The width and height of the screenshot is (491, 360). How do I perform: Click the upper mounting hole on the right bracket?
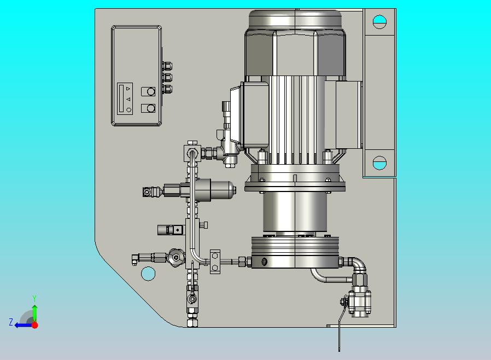click(x=379, y=22)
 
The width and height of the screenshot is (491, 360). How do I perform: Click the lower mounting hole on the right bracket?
click(x=379, y=163)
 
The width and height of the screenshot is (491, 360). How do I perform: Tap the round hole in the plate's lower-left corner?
click(x=148, y=274)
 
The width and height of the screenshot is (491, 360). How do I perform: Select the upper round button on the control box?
click(x=150, y=91)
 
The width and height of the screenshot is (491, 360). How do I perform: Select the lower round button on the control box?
click(x=150, y=108)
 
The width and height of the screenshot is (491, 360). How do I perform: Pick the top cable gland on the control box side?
click(x=167, y=66)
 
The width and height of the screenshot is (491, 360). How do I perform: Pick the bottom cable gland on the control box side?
click(x=167, y=89)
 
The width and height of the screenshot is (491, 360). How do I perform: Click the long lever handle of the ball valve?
click(x=342, y=324)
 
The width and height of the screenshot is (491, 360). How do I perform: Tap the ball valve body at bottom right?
click(x=360, y=303)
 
